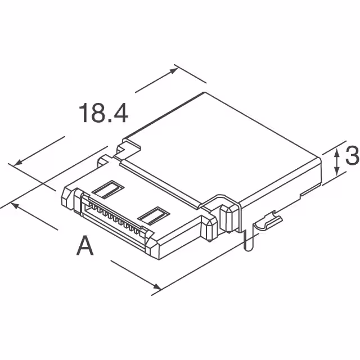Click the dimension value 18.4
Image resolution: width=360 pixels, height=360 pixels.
click(103, 112)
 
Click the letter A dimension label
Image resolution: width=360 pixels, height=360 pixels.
click(85, 246)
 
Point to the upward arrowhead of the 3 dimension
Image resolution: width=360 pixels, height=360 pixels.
click(336, 151)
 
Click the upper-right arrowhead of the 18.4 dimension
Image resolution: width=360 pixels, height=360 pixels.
click(175, 68)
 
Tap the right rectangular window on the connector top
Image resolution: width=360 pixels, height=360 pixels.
click(154, 215)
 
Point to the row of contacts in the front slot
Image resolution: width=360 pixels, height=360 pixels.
click(115, 219)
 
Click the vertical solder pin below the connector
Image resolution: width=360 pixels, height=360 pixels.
click(248, 239)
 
